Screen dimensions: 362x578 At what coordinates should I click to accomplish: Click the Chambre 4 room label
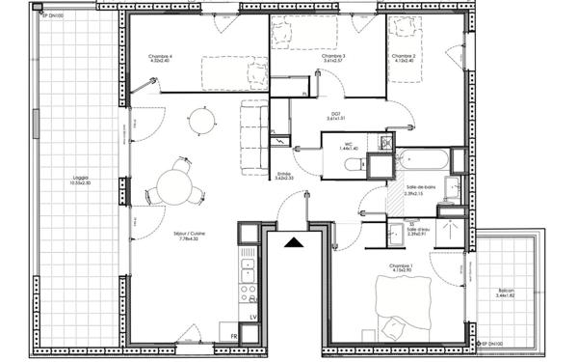coord(160,57)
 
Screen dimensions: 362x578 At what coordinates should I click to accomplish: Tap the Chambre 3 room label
coord(333,57)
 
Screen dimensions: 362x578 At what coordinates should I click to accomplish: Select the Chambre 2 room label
coord(403,57)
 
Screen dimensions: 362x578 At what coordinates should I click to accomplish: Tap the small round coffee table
coord(201,120)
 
